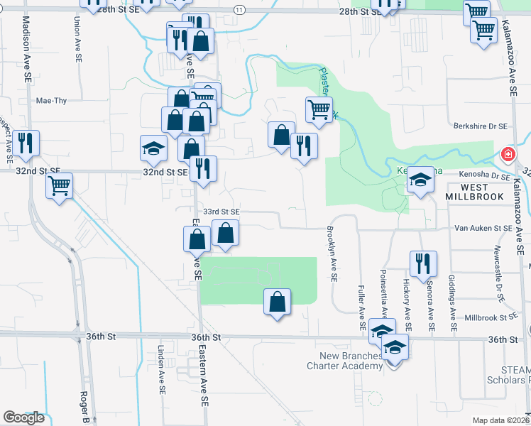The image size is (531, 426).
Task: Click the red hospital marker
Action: (x=508, y=154)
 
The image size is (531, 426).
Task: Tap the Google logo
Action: (x=23, y=417)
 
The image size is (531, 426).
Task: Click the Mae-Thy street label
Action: (x=51, y=101)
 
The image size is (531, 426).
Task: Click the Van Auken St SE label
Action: (x=483, y=228)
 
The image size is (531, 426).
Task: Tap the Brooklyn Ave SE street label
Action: (x=331, y=253)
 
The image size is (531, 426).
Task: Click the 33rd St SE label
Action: (x=221, y=212)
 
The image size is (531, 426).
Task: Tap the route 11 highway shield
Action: (x=239, y=10)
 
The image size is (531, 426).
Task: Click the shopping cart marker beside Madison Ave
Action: (x=60, y=186)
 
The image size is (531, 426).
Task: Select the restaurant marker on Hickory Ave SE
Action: (x=420, y=263)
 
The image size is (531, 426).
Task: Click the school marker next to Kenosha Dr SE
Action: (x=420, y=180)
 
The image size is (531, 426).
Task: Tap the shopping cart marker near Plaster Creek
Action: (x=319, y=109)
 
